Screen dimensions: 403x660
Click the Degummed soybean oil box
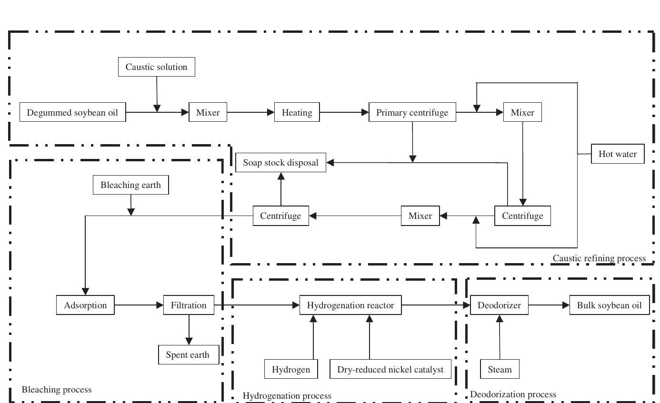pyautogui.click(x=72, y=113)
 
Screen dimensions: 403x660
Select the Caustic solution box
pyautogui.click(x=156, y=67)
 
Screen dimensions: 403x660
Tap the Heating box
pyautogui.click(x=297, y=113)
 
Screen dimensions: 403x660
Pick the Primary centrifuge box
pyautogui.click(x=412, y=113)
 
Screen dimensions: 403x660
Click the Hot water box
pyautogui.click(x=617, y=154)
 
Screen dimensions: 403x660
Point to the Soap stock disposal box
pyautogui.click(x=280, y=163)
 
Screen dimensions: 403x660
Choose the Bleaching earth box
pyautogui.click(x=130, y=185)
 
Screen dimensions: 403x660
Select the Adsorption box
pyautogui.click(x=85, y=305)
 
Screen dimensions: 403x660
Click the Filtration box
pyautogui.click(x=189, y=305)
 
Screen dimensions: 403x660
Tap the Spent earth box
pyautogui.click(x=189, y=355)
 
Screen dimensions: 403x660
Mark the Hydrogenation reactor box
pyautogui.click(x=350, y=305)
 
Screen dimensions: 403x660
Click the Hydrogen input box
pyautogui.click(x=291, y=370)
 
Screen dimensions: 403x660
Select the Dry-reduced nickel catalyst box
pyautogui.click(x=390, y=370)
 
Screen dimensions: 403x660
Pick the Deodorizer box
pyautogui.click(x=499, y=305)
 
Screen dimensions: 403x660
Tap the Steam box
pyautogui.click(x=500, y=370)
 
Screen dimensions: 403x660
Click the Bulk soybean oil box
pyautogui.click(x=610, y=305)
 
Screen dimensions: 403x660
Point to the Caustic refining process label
pyautogui.click(x=599, y=258)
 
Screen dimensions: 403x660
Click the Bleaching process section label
pyautogui.click(x=57, y=390)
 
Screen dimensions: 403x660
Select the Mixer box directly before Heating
pyautogui.click(x=208, y=113)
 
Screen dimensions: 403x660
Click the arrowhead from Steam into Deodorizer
pyautogui.click(x=500, y=319)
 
